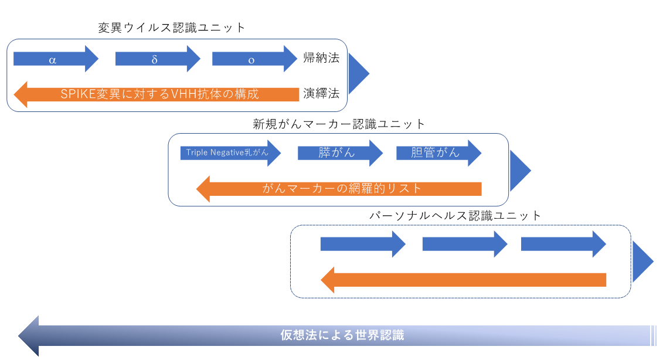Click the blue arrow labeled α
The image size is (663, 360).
(56, 59)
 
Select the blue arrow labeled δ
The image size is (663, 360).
(158, 59)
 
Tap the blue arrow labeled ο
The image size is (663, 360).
(254, 59)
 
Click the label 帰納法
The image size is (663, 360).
(321, 57)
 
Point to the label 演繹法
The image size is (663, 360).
(321, 93)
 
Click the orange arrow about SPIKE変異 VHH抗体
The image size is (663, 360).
(157, 94)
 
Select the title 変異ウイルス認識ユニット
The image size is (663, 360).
(172, 28)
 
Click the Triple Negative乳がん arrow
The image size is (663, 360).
(230, 152)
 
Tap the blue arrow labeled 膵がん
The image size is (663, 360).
(341, 152)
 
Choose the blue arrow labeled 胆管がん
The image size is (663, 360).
(439, 152)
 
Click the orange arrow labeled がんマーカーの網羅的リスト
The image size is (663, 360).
(339, 189)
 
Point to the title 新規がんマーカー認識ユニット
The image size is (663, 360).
(339, 124)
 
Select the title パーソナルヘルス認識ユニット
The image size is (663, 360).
(455, 216)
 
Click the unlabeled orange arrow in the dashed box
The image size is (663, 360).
(464, 280)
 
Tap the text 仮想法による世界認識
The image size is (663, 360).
(342, 335)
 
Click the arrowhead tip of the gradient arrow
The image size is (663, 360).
(18, 336)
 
